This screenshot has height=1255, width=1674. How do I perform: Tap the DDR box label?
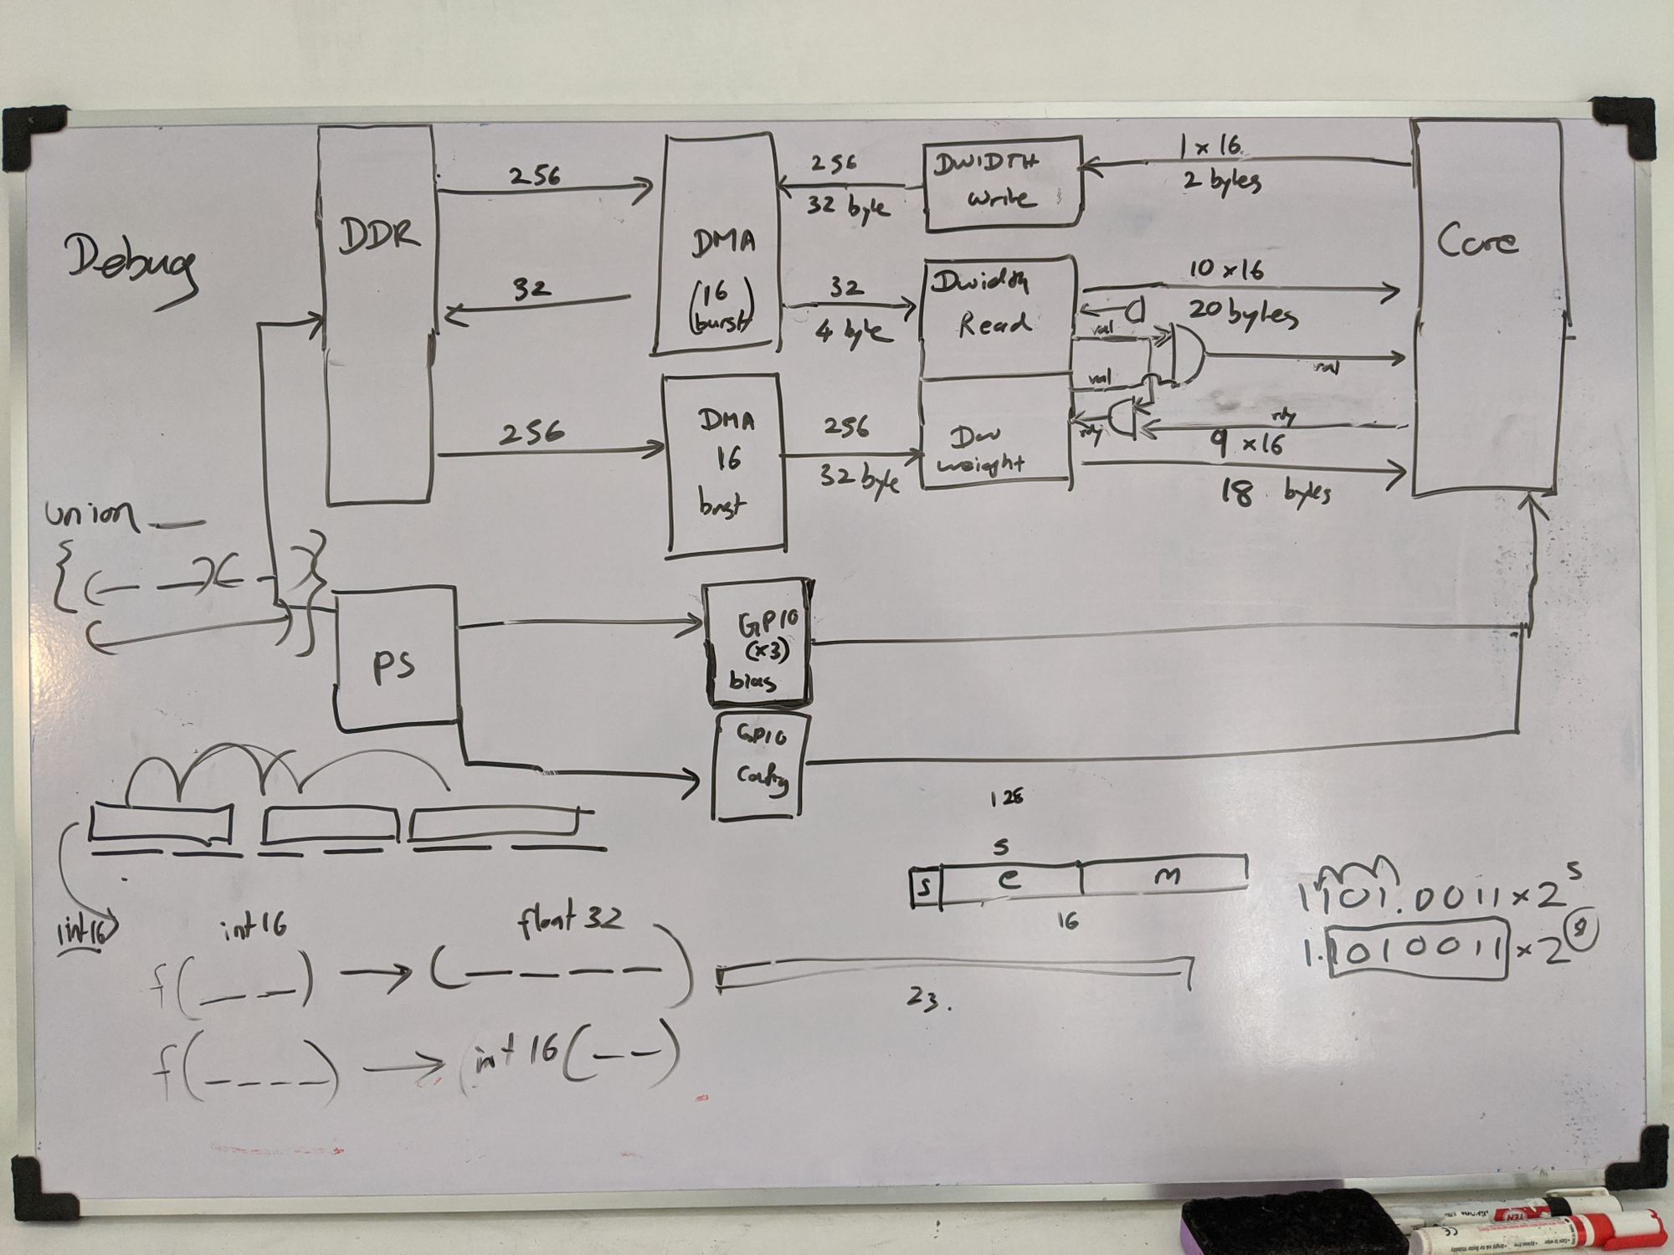(x=378, y=236)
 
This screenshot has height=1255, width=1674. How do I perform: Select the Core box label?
(x=1477, y=241)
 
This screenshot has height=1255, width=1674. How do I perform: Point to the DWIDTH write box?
(x=1003, y=186)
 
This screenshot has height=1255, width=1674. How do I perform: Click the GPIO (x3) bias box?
(x=757, y=643)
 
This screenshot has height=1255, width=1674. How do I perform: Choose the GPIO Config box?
(x=760, y=765)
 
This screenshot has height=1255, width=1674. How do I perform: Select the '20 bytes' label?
(x=1242, y=316)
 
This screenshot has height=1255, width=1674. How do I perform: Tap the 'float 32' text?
(x=569, y=920)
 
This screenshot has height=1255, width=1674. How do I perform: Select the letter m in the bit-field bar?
(x=1166, y=877)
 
